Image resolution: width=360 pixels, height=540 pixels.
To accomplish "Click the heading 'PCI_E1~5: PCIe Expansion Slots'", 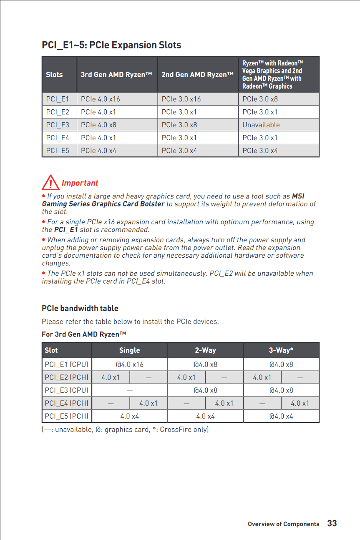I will [x=111, y=45].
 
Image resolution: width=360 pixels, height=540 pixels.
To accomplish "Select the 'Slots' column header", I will [x=54, y=75].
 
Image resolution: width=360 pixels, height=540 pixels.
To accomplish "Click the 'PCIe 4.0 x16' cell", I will [x=100, y=99].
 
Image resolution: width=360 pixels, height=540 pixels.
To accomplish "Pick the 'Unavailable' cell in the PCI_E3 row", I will [x=261, y=125].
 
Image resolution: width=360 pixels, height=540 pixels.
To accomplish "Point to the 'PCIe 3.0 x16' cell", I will [x=181, y=99].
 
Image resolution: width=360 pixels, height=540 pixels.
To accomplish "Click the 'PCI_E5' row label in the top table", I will [x=58, y=151].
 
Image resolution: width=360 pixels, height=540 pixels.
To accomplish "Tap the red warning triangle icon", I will [x=50, y=182].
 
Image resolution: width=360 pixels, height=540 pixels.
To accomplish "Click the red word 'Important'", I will [x=80, y=183].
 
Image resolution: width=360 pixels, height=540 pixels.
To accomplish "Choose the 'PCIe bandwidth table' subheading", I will [x=80, y=309].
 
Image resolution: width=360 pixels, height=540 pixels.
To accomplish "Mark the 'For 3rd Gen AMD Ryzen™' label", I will [x=84, y=334].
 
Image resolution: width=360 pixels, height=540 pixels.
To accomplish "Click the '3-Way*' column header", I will [x=281, y=350].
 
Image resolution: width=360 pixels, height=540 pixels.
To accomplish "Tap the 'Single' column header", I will [x=129, y=350].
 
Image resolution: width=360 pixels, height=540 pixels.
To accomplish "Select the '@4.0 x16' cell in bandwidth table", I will [x=129, y=364].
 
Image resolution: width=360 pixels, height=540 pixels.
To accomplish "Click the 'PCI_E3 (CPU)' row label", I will [x=66, y=390].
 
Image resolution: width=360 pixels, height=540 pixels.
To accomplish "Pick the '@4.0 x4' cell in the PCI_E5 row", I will [x=281, y=416].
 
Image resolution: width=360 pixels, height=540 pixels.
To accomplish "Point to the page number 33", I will [x=332, y=523].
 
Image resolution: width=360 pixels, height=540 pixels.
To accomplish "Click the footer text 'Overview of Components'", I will [x=283, y=524].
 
